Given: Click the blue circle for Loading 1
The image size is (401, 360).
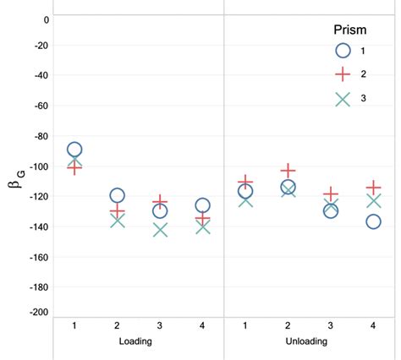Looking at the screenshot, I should pyautogui.click(x=74, y=150).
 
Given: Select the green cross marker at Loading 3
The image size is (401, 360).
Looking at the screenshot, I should pyautogui.click(x=160, y=229).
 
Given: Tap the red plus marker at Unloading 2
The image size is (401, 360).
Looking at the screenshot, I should pyautogui.click(x=288, y=172).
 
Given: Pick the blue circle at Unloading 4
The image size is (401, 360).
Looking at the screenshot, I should pyautogui.click(x=373, y=221).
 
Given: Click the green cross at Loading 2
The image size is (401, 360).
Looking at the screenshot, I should pyautogui.click(x=117, y=220).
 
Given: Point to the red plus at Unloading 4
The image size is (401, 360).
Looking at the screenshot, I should pyautogui.click(x=373, y=187).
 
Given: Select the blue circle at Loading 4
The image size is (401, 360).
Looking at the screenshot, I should pyautogui.click(x=202, y=205).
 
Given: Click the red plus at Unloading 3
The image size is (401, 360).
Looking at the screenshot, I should pyautogui.click(x=331, y=194).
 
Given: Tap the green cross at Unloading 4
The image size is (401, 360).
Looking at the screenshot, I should pyautogui.click(x=373, y=200).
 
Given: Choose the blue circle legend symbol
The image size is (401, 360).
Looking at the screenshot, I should pyautogui.click(x=343, y=51).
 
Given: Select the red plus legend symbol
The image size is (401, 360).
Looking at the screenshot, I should pyautogui.click(x=343, y=74).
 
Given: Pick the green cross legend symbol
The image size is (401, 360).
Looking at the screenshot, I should pyautogui.click(x=343, y=99).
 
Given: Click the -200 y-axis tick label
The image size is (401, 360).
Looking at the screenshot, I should pyautogui.click(x=36, y=313).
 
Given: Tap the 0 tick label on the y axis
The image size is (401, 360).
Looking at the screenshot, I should pyautogui.click(x=45, y=19).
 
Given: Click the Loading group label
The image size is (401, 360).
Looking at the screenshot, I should pyautogui.click(x=138, y=342).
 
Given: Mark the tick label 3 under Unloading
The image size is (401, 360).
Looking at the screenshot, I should pyautogui.click(x=331, y=325).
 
